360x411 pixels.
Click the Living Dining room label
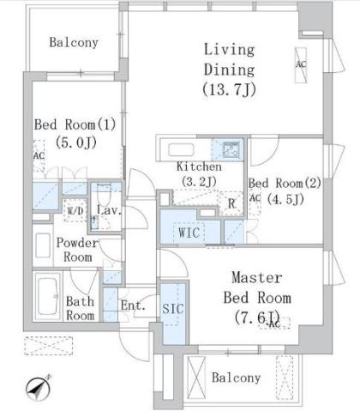click(x=229, y=60)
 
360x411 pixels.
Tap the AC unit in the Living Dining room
click(x=301, y=65)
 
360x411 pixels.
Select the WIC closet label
click(x=189, y=233)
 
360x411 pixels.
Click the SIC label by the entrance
click(x=173, y=309)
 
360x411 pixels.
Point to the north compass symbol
click(x=39, y=388)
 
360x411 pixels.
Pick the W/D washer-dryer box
click(x=75, y=211)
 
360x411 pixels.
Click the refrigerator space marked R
click(x=231, y=203)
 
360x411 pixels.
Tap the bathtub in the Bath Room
click(x=47, y=296)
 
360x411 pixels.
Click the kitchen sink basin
click(x=181, y=150)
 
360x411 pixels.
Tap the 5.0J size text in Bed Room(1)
click(x=76, y=142)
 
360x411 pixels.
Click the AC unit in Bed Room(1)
click(x=39, y=156)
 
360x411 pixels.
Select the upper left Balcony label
click(x=74, y=42)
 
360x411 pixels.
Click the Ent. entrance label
click(x=133, y=305)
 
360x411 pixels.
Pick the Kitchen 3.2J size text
click(x=199, y=181)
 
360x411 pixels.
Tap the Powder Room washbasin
click(x=43, y=246)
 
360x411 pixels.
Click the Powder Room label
click(x=77, y=250)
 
